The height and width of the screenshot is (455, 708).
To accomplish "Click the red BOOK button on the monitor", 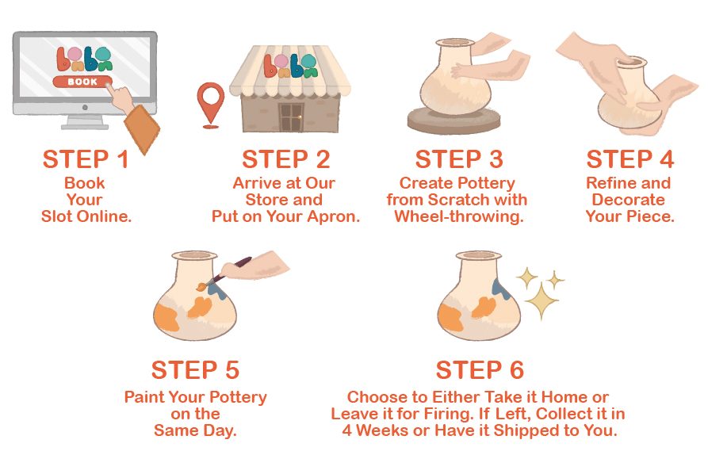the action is click(82, 82).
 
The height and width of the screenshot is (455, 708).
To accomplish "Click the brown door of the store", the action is click(291, 117).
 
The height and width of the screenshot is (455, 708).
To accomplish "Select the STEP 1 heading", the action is click(86, 159).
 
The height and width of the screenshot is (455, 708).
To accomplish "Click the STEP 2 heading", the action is click(286, 159).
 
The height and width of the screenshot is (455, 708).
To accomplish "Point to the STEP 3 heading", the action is click(459, 159).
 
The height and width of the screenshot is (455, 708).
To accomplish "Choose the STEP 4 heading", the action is click(630, 159).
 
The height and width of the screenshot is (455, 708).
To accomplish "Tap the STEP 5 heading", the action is click(195, 370).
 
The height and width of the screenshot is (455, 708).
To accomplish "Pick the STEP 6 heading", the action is click(480, 370).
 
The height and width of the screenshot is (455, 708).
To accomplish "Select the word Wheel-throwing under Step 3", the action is click(459, 216).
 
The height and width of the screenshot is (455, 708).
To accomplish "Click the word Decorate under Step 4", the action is click(628, 200).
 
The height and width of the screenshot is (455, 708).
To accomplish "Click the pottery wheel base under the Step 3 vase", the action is click(454, 122).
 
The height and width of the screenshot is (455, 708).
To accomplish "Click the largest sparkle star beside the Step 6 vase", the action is click(541, 301).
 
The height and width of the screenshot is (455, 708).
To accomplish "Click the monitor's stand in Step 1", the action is click(85, 122).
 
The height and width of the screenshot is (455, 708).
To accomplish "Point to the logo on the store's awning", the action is click(291, 66).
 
